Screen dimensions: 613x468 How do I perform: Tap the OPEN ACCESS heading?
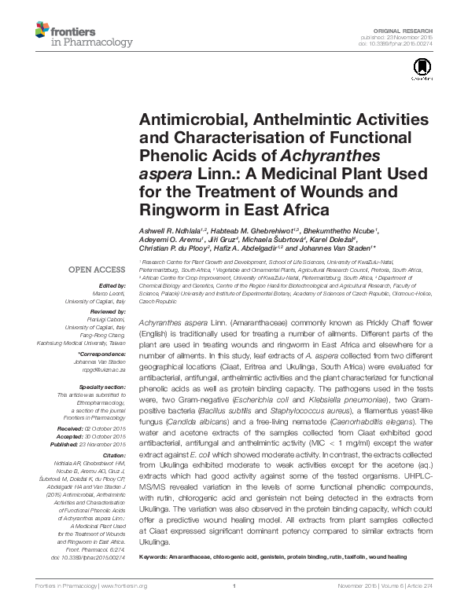(95, 269)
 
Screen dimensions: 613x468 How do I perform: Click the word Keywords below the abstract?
(153, 556)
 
